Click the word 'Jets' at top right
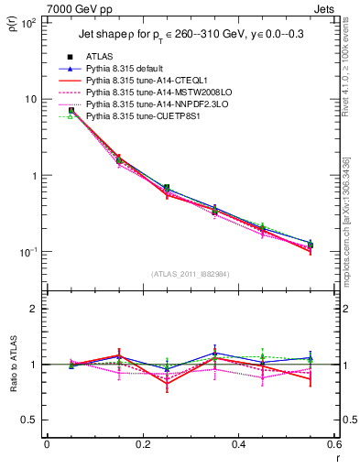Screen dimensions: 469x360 (x=326, y=7)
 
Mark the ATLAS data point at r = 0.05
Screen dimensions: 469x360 (x=71, y=110)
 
